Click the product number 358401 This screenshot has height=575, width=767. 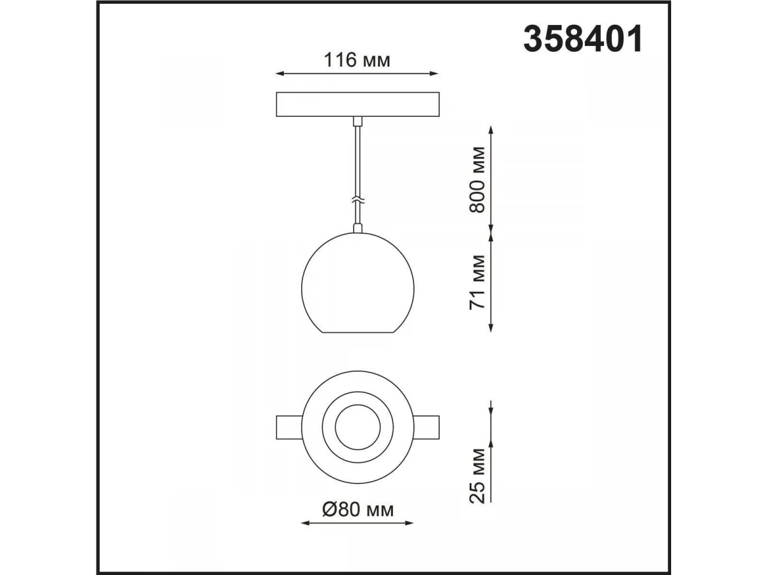click(x=582, y=39)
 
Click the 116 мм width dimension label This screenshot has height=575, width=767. click(x=357, y=60)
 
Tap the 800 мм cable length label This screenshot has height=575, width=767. click(x=477, y=180)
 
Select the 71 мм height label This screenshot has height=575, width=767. click(x=477, y=282)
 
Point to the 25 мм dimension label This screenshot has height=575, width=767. click(x=477, y=475)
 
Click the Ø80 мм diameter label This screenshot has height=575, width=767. click(x=358, y=510)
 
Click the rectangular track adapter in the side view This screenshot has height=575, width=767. click(x=357, y=104)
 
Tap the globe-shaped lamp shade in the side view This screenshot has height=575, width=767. click(x=357, y=282)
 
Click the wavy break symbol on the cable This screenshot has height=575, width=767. click(x=357, y=201)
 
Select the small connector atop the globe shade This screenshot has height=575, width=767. click(x=357, y=228)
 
